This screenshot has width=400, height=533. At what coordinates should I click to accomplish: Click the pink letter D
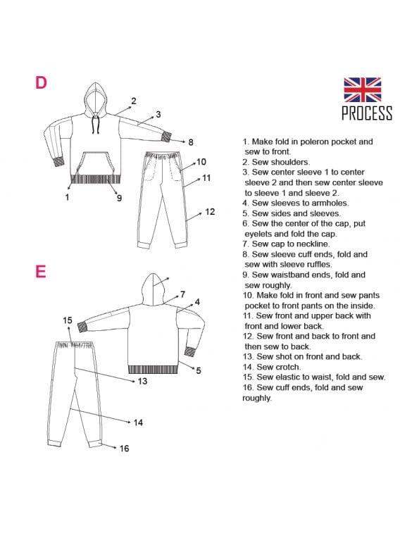pos(41,82)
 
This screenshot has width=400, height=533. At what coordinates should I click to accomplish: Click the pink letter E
pos(41,271)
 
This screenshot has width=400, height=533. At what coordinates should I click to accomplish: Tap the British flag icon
pos(362,89)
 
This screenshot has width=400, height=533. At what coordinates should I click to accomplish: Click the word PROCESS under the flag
pos(367,113)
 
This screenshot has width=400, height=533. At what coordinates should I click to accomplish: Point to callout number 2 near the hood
pos(134,101)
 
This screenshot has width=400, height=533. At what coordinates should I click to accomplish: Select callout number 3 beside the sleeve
pos(158,114)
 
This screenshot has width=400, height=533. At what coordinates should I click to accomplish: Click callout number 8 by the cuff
pos(191,142)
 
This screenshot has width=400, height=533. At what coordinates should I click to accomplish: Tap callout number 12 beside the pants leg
pos(210,212)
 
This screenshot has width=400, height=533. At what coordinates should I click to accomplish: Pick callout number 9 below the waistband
pos(119,198)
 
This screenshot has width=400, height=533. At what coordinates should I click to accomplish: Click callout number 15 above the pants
pos(68,320)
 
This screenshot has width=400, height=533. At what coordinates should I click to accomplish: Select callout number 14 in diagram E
pos(138,422)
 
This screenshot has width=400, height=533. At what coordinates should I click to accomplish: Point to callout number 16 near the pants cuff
pos(124,449)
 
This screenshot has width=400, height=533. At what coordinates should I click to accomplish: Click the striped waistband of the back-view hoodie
pos(153,370)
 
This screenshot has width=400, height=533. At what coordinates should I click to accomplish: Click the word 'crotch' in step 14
pos(289,367)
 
